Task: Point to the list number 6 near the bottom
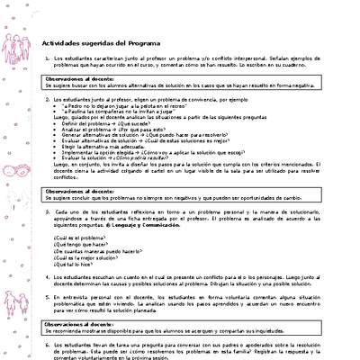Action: coord(45,344)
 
